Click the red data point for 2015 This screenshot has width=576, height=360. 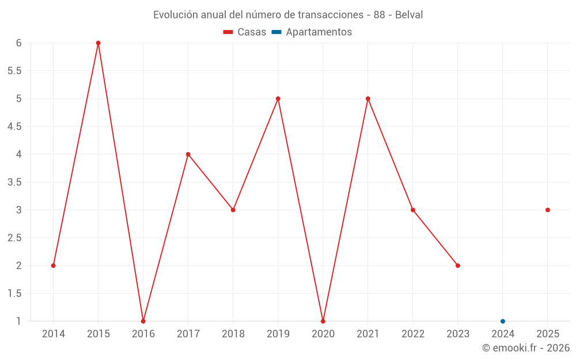[98, 43]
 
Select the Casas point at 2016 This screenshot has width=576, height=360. [143, 321]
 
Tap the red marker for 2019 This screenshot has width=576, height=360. [278, 98]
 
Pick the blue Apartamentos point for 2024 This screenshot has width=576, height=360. [503, 321]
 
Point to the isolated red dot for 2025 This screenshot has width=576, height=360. [548, 210]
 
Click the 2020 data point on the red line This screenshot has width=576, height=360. [323, 321]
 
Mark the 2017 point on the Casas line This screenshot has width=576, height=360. [188, 154]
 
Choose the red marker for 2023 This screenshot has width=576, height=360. [458, 266]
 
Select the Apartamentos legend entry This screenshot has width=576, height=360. [319, 32]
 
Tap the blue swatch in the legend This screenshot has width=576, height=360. [276, 32]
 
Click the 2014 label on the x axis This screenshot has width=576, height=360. [54, 334]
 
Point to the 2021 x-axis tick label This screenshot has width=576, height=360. [368, 334]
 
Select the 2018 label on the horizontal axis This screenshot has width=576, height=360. [233, 334]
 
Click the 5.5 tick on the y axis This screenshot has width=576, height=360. [14, 71]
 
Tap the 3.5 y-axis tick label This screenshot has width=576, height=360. [14, 182]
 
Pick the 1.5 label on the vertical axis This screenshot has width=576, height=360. [14, 294]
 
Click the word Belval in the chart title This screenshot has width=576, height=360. [409, 15]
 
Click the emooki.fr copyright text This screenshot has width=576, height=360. [526, 347]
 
